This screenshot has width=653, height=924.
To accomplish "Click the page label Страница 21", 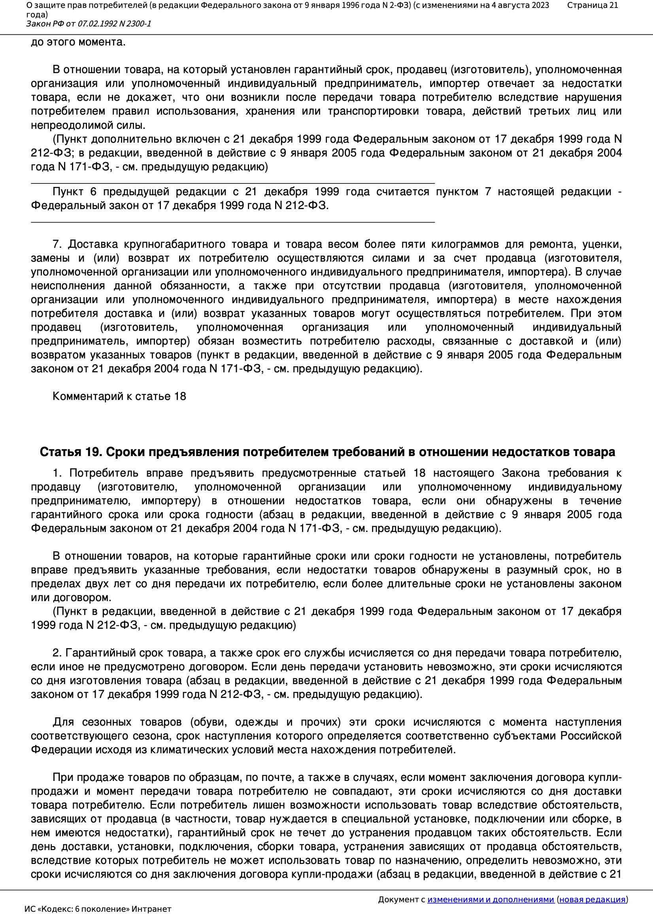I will pyautogui.click(x=592, y=5).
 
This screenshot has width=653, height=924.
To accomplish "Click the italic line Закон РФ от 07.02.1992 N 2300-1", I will pyautogui.click(x=89, y=24).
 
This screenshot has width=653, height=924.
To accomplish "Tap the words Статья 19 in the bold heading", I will pyautogui.click(x=71, y=453).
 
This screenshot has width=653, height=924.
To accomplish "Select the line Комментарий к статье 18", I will pyautogui.click(x=119, y=396).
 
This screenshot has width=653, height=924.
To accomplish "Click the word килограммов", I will pyautogui.click(x=476, y=244).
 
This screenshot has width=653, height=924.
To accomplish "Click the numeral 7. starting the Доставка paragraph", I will pyautogui.click(x=57, y=244).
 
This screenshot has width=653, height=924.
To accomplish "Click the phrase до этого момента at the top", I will pyautogui.click(x=78, y=42).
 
